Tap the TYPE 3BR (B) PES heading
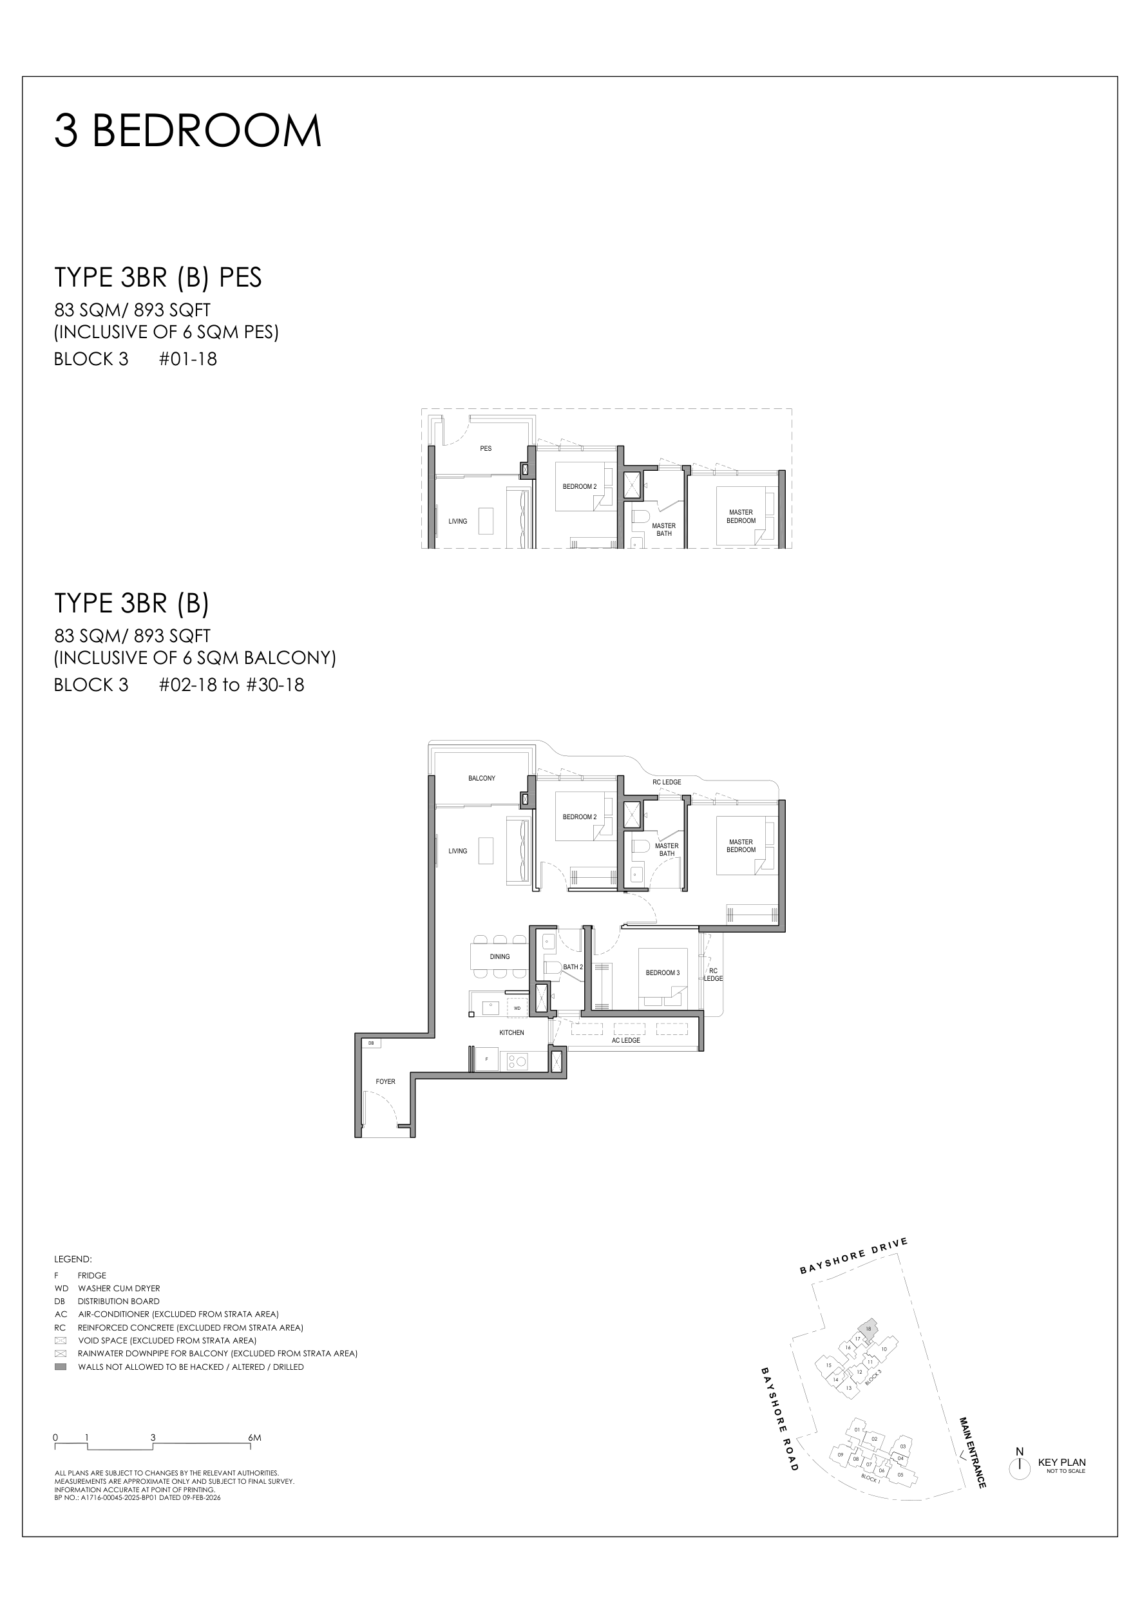coord(158,278)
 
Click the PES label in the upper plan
coord(485,448)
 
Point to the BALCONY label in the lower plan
coord(482,778)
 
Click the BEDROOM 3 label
coord(662,973)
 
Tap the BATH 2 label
coord(573,967)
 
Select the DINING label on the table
coord(500,957)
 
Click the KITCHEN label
coord(511,1033)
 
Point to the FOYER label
coord(385,1082)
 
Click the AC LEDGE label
coord(625,1041)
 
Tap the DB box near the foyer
coord(370,1043)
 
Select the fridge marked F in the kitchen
coord(486,1059)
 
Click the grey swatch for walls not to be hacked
coord(61,1367)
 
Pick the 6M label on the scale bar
coord(254,1437)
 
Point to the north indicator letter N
coord(1019,1452)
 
